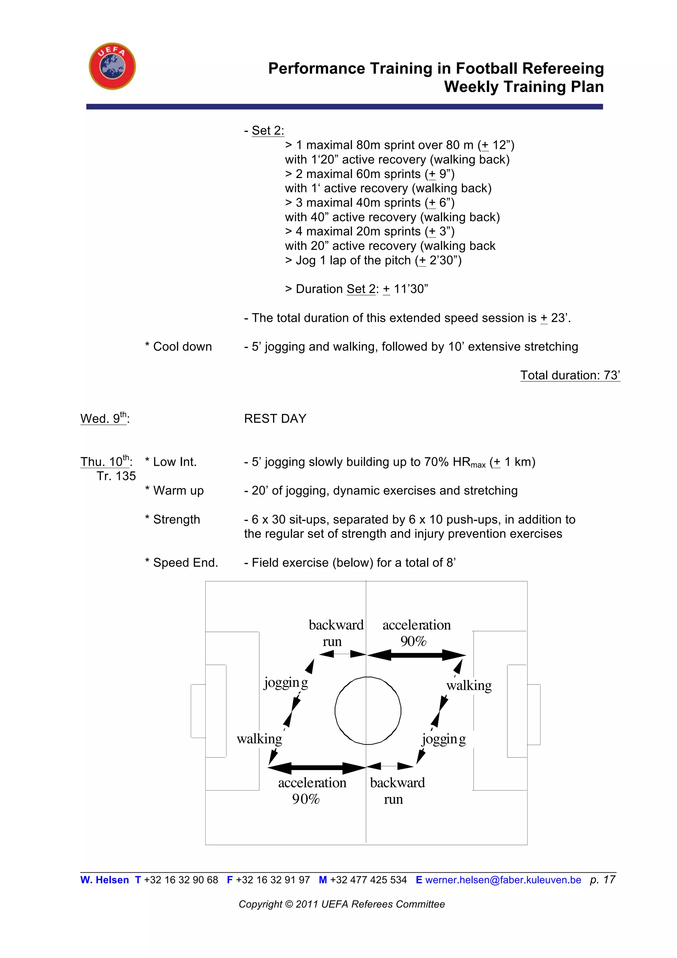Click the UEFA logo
[x=112, y=66]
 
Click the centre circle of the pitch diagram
[x=368, y=711]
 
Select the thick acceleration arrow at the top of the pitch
[x=416, y=655]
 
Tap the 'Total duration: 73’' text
[x=570, y=375]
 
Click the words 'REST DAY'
[x=275, y=418]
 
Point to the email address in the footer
[x=503, y=880]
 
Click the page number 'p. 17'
[x=602, y=880]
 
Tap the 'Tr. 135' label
[x=116, y=476]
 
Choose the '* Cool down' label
[x=179, y=346]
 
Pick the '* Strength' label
[x=173, y=519]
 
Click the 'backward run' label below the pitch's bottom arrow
[x=397, y=791]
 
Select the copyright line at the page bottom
[x=341, y=904]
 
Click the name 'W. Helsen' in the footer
[x=105, y=880]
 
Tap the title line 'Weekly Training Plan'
[x=524, y=87]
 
